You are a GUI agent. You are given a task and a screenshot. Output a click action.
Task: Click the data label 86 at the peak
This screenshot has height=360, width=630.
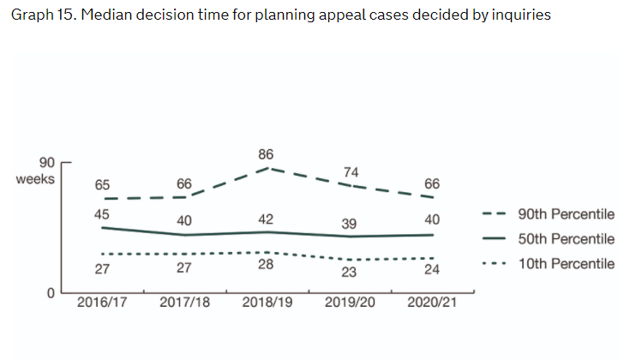pos(266,154)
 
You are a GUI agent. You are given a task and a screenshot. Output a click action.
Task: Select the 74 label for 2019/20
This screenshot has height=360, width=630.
pos(351,171)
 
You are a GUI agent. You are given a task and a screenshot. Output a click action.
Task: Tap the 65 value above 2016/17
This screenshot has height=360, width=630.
pos(102,184)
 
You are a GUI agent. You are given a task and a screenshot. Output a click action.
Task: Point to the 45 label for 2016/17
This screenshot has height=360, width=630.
pos(102,214)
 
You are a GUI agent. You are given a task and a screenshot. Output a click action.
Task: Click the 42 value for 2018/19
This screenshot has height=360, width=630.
pos(266,219)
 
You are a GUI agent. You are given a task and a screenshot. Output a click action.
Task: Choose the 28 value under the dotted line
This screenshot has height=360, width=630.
pos(266,265)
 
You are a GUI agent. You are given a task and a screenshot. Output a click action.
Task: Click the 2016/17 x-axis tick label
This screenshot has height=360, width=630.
pos(101,303)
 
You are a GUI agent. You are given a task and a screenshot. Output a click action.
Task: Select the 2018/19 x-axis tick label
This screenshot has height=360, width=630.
pos(267,303)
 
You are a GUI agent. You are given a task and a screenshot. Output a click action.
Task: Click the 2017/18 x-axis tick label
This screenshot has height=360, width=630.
pos(184,303)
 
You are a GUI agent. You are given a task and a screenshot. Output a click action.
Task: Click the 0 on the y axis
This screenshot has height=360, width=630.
pos(51,294)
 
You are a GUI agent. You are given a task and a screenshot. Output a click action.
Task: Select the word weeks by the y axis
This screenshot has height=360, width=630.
pos(35,179)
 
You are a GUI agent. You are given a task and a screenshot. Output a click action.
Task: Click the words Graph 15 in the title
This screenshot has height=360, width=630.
pos(39,16)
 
